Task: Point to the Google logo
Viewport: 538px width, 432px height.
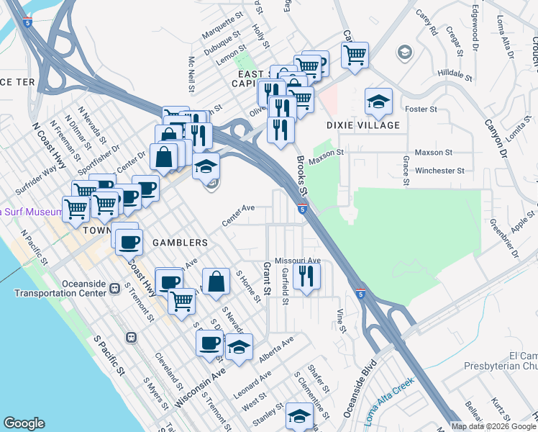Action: click(24, 423)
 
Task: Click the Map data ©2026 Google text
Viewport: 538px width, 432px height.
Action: click(493, 426)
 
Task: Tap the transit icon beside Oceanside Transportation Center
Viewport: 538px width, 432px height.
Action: click(114, 289)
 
